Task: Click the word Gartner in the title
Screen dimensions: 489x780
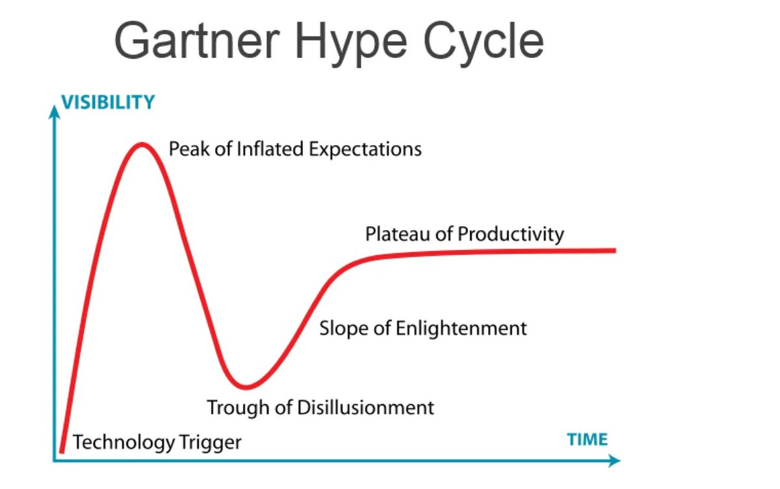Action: (199, 40)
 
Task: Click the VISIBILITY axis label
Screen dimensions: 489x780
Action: (108, 102)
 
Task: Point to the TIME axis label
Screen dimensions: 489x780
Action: (587, 439)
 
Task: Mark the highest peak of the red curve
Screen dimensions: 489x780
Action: (142, 144)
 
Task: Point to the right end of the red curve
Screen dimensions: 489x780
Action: (613, 250)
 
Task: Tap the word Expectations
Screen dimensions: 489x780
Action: (366, 150)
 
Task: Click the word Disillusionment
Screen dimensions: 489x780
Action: (365, 408)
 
